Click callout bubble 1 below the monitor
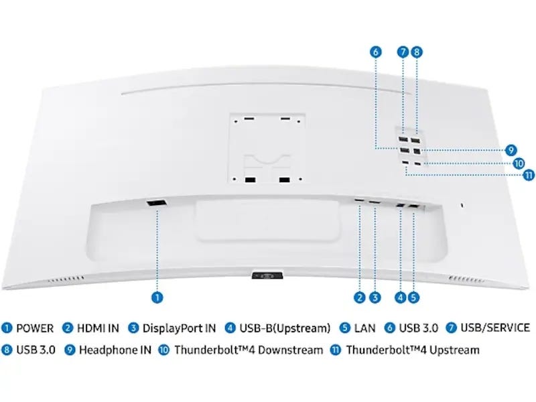point(157,297)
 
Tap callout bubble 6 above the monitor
point(376,52)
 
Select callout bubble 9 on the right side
point(511,150)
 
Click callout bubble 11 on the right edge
point(529,175)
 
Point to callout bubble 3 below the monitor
point(375,297)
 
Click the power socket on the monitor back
point(157,203)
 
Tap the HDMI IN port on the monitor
point(359,200)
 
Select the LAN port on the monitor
point(413,207)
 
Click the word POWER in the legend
point(35,328)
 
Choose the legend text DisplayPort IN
point(179,328)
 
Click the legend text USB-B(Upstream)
point(285,328)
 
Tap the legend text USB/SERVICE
point(495,328)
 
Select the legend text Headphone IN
point(115,350)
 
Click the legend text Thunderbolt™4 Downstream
point(249,350)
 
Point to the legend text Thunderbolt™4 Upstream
point(413,350)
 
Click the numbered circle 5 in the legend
point(345,328)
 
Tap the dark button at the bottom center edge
point(267,275)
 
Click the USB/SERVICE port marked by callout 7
point(403,140)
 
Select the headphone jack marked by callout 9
point(416,150)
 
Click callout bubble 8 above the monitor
point(416,52)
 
